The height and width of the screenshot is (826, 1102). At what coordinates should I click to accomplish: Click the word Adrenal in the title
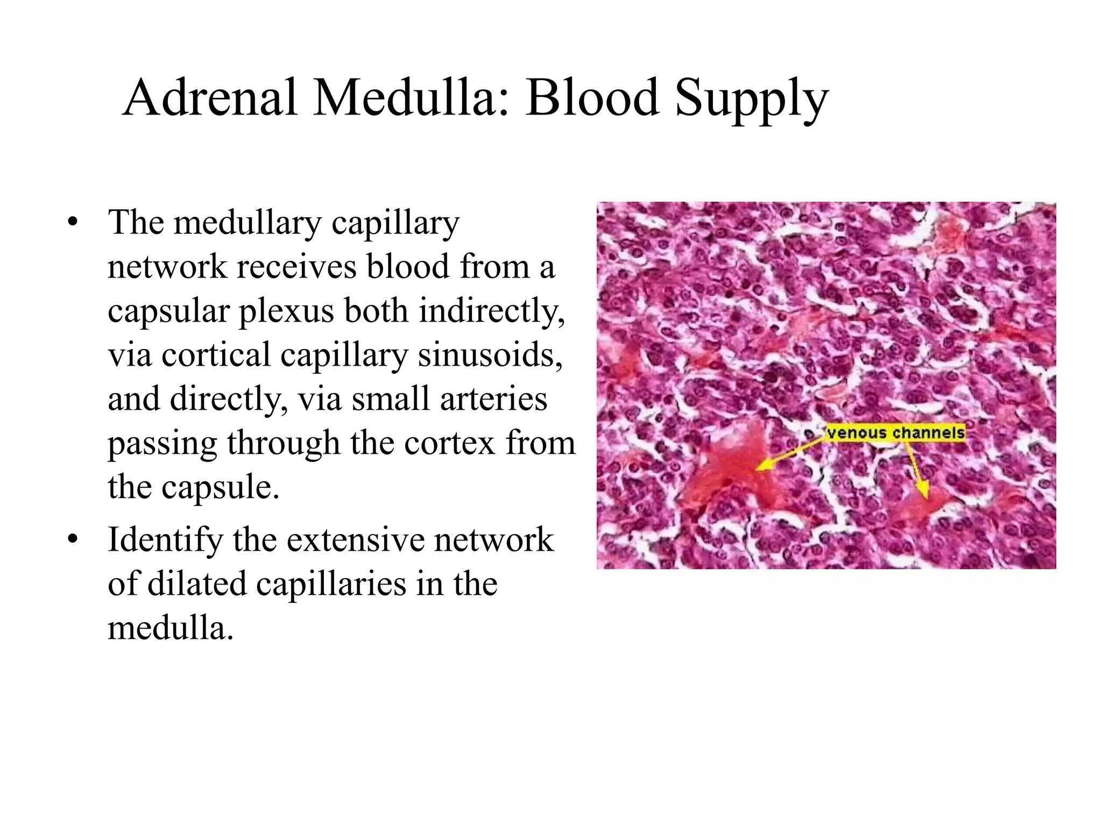(210, 98)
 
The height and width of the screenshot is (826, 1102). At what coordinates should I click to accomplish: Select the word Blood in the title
(592, 98)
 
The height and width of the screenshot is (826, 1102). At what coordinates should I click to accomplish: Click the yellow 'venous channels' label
(896, 433)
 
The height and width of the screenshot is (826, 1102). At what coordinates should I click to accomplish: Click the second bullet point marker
(73, 539)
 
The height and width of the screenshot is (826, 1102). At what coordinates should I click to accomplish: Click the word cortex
(449, 443)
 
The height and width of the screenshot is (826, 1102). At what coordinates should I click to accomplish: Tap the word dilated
(196, 585)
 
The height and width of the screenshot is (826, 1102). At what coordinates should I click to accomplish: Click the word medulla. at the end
(171, 628)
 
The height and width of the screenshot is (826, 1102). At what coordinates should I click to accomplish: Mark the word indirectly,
(492, 312)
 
